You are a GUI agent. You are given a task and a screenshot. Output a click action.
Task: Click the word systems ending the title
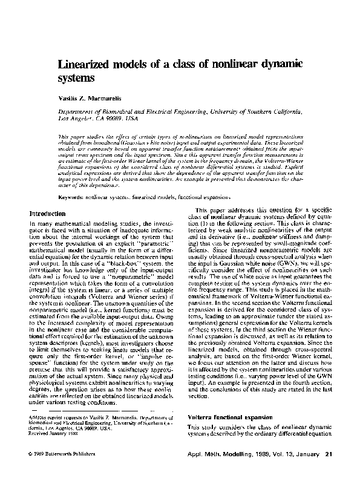point(77,78)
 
